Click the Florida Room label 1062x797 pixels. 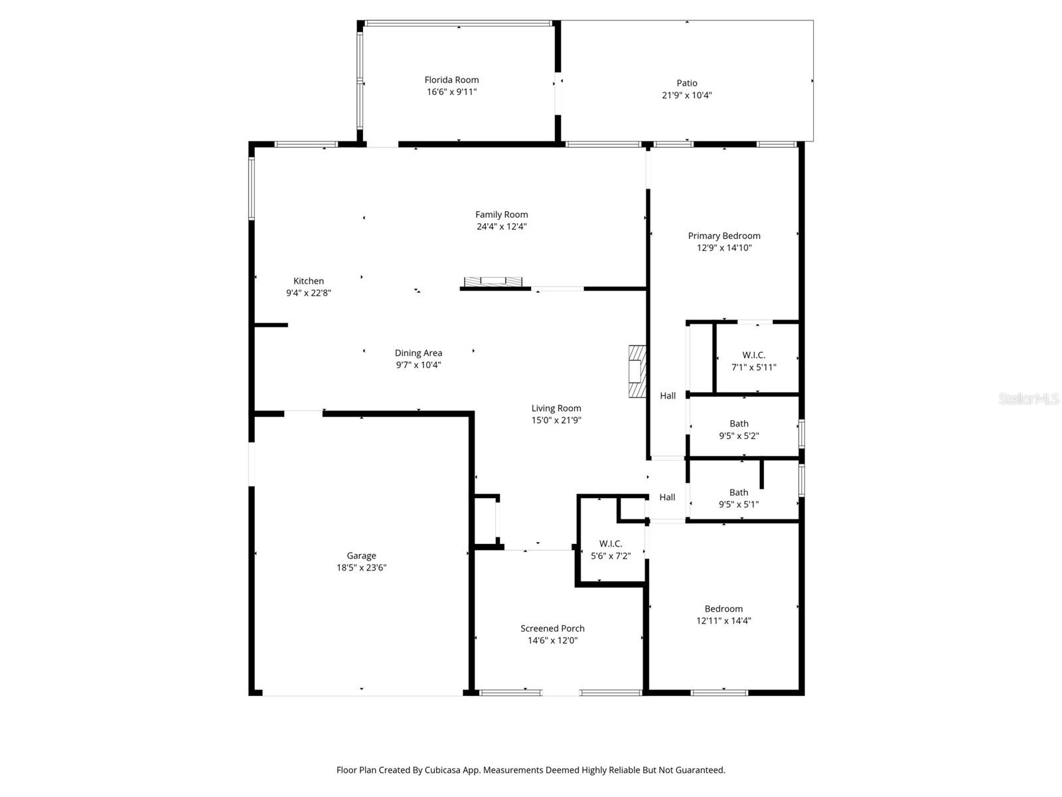click(451, 80)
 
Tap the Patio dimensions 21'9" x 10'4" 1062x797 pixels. click(687, 95)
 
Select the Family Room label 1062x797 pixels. click(501, 215)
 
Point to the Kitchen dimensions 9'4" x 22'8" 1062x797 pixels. click(309, 293)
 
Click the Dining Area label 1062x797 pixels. click(418, 353)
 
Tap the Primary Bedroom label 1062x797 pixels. click(723, 236)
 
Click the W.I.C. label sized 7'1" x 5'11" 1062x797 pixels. click(753, 355)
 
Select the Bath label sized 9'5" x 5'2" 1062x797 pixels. click(739, 424)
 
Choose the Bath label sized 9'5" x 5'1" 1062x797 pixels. click(739, 492)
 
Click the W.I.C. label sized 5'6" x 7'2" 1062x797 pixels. click(611, 544)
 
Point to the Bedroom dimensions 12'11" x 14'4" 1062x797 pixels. click(723, 621)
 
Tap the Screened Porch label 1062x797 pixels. click(552, 628)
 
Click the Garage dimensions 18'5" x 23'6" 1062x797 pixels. click(361, 568)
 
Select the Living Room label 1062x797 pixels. click(556, 408)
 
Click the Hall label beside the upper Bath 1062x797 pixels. click(668, 396)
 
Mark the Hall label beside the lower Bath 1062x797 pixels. click(667, 497)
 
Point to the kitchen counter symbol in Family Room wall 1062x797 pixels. click(493, 282)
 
